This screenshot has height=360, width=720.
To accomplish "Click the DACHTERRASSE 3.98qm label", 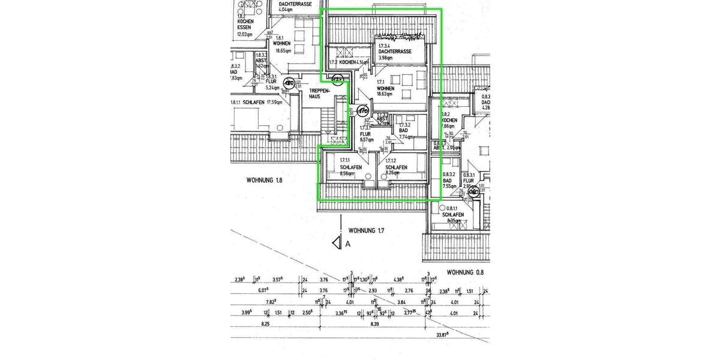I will click(394, 53).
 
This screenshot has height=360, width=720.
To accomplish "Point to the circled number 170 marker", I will click(362, 110).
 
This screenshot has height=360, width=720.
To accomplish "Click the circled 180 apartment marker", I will click(289, 83).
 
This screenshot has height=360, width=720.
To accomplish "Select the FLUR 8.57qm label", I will click(366, 136).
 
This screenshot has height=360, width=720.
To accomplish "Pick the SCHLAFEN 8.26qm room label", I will click(396, 169).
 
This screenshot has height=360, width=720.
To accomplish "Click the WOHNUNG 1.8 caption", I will click(265, 179).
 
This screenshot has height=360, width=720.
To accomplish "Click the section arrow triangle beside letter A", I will click(336, 243).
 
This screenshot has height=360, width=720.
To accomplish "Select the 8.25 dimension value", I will click(266, 324).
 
